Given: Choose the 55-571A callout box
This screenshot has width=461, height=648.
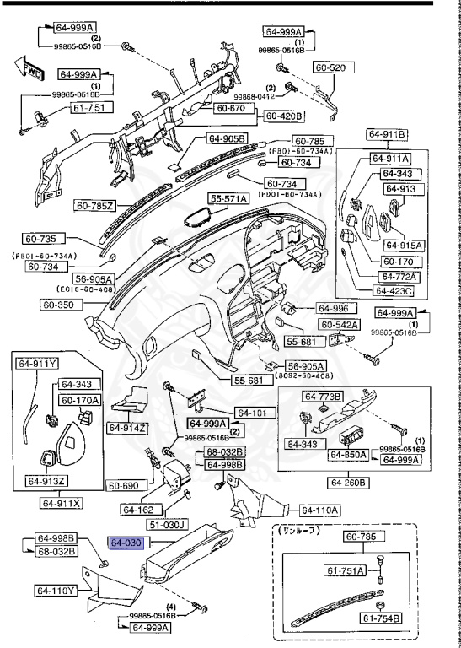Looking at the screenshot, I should click(x=229, y=199).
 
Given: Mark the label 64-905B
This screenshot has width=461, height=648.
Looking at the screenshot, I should click(x=226, y=138).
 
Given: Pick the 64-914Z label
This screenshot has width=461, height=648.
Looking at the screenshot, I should click(x=127, y=428).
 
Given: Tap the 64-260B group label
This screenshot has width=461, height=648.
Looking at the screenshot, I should click(x=348, y=482).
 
